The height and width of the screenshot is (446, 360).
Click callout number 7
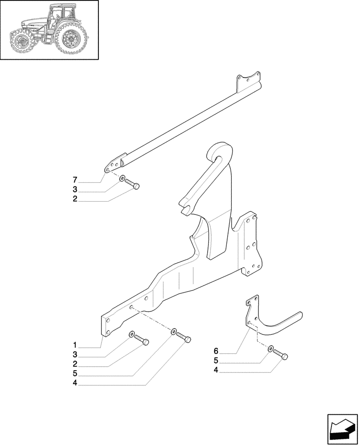(x=75, y=180)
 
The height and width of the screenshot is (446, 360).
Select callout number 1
(x=75, y=345)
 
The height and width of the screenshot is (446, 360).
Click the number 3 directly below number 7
(x=75, y=190)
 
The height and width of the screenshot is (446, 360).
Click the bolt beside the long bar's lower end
(x=132, y=184)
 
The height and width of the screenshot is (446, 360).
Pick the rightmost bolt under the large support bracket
(x=184, y=338)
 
